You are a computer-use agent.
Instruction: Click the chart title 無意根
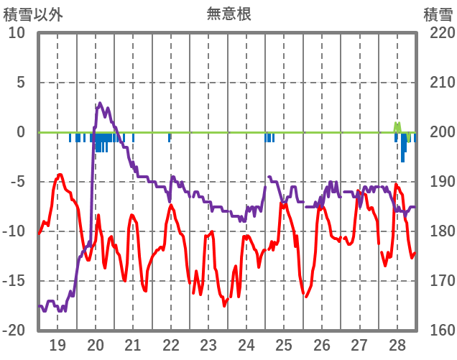[x=228, y=13]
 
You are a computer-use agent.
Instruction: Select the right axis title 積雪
[x=438, y=13]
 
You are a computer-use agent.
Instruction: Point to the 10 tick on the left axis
[x=17, y=33]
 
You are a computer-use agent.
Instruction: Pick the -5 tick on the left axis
[x=17, y=182]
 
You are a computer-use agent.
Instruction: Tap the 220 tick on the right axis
[x=438, y=33]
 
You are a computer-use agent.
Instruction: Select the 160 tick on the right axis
[x=438, y=331]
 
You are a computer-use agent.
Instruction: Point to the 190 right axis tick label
[x=438, y=182]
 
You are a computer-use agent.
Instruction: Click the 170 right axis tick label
[x=438, y=281]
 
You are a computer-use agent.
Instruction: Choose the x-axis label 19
[x=57, y=344]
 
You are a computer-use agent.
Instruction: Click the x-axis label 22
[x=171, y=344]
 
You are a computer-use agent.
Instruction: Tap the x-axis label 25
[x=284, y=344]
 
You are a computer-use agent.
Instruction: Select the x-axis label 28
[x=397, y=344]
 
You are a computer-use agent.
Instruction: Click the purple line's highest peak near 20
[x=100, y=104]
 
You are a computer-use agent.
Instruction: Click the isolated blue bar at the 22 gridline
[x=170, y=137]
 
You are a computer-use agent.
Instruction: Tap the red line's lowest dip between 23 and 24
[x=224, y=304]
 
